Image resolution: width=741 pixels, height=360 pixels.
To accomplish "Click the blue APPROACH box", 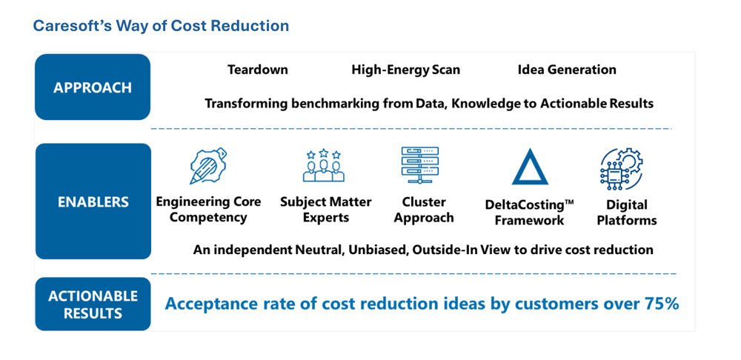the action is tap(93, 87).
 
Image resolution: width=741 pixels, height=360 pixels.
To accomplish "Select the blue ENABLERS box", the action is tap(93, 201).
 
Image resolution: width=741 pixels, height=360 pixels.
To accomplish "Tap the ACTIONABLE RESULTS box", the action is tap(93, 304).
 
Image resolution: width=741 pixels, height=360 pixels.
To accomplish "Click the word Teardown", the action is tap(258, 70).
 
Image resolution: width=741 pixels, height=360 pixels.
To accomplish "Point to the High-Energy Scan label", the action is tap(405, 70).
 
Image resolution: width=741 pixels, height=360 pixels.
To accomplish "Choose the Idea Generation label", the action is tap(567, 70).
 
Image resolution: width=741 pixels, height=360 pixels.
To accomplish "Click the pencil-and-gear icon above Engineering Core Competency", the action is tap(208, 166).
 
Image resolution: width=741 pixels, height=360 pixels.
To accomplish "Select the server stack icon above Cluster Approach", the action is tap(419, 165).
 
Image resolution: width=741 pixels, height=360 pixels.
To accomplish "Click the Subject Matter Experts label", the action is tap(325, 210).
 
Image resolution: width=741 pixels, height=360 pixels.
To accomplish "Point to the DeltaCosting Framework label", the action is tap(529, 213).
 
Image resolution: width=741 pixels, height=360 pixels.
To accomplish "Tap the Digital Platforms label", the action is tap(627, 213).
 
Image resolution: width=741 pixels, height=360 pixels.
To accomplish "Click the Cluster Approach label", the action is tap(424, 210).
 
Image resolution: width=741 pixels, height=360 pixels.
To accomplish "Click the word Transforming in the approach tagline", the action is tap(242, 104).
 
